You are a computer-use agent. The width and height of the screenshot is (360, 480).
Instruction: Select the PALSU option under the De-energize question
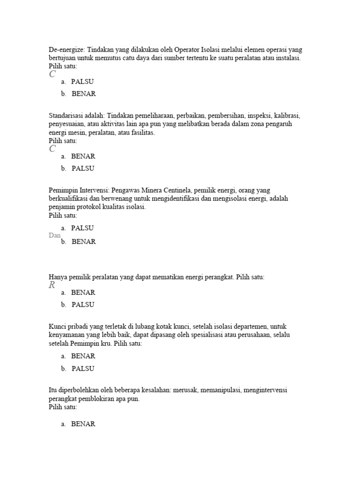pos(82,82)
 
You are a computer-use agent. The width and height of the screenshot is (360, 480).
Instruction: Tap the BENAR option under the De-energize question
pos(83,94)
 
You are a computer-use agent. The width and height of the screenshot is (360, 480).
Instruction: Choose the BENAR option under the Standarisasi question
pos(83,156)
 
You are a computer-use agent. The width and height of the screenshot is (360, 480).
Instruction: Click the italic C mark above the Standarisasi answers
pos(52,149)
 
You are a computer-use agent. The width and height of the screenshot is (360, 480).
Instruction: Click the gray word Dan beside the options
pos(54,235)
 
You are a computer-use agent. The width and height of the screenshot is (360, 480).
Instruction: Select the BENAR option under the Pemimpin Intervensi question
pos(83,242)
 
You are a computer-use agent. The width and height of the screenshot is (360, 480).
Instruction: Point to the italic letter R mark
pos(52,285)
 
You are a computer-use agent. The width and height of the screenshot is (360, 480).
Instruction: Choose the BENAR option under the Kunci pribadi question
pos(83,356)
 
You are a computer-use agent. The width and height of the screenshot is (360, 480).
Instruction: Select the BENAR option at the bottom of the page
pos(83,424)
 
